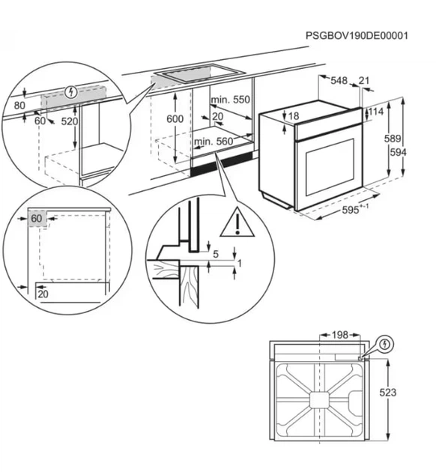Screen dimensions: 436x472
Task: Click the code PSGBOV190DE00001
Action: click(357, 36)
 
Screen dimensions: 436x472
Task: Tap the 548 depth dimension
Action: click(339, 81)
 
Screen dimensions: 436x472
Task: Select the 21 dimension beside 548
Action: click(364, 80)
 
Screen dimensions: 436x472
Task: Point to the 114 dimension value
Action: click(376, 112)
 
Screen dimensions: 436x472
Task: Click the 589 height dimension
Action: click(393, 139)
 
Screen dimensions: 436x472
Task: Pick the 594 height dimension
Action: click(398, 152)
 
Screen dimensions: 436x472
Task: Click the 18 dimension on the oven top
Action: click(294, 116)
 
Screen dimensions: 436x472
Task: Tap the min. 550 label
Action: click(231, 100)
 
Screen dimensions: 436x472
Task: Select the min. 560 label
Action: click(214, 142)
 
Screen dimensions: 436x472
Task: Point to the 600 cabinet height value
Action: click(175, 119)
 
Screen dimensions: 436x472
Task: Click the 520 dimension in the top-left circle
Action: click(70, 121)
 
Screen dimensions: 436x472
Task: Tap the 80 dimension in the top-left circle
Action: click(19, 106)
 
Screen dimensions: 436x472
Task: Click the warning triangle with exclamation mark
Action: click(237, 223)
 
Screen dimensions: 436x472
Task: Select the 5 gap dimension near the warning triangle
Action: click(216, 255)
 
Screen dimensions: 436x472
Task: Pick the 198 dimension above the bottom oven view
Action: click(339, 335)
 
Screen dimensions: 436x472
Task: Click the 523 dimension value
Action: click(388, 393)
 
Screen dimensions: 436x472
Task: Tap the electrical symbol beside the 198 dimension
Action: click(385, 344)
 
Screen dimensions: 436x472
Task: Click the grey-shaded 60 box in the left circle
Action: click(37, 219)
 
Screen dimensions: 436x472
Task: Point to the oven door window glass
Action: click(330, 167)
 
